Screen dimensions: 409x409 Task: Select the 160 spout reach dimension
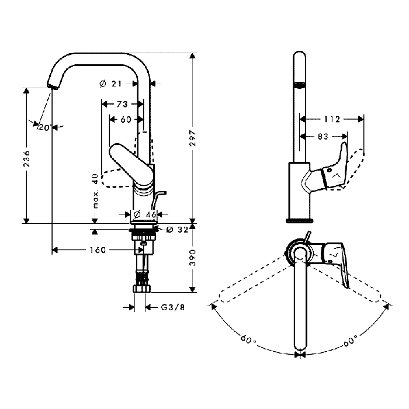(x=98, y=250)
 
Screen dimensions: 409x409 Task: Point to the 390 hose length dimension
(x=193, y=258)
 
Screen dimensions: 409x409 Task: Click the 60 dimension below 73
(x=126, y=119)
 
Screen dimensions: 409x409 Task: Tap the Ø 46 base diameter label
(x=144, y=214)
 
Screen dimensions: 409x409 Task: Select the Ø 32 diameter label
(x=178, y=230)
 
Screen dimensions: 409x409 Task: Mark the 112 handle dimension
(x=332, y=119)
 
